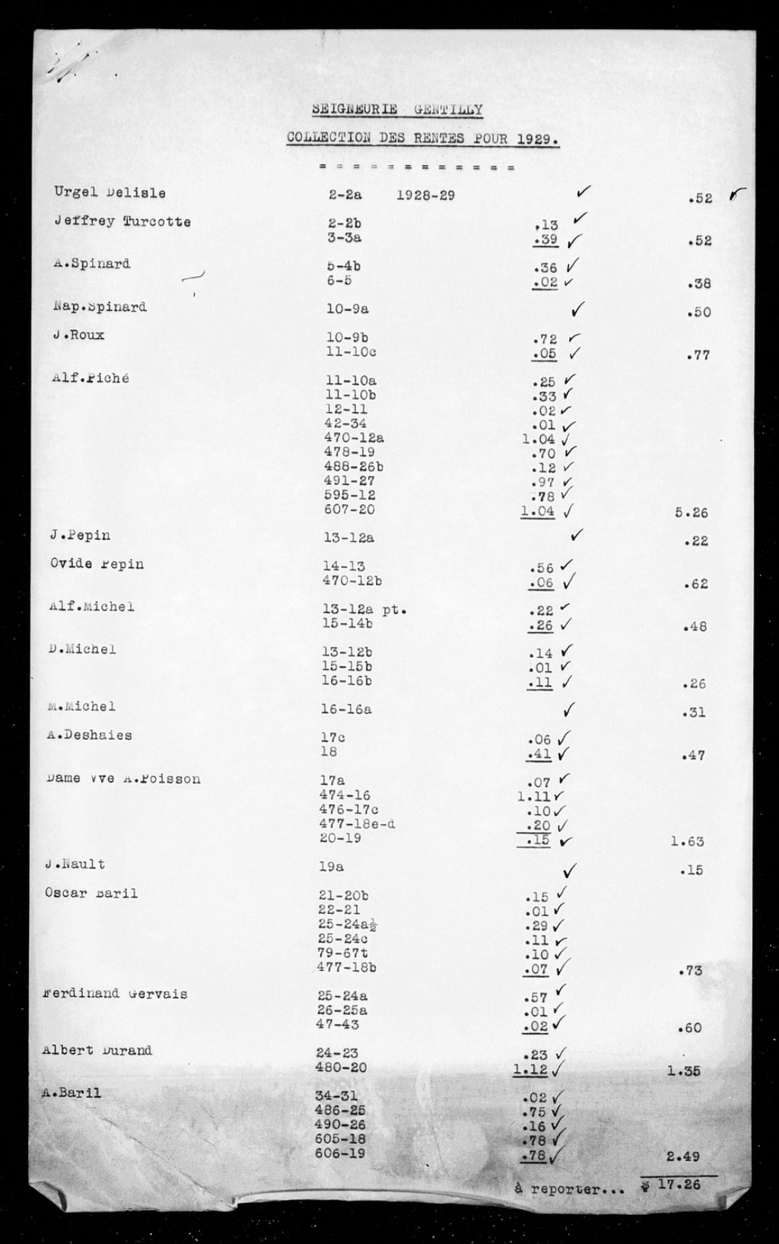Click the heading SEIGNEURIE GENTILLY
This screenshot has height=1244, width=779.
click(x=396, y=109)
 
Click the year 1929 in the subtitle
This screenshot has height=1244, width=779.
click(x=536, y=138)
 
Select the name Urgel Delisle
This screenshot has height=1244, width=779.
click(x=110, y=193)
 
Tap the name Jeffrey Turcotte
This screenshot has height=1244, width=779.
click(x=122, y=222)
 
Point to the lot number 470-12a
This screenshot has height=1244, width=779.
click(x=354, y=438)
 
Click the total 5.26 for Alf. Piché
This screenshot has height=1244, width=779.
click(x=691, y=513)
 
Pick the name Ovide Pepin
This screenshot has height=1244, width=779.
click(x=97, y=564)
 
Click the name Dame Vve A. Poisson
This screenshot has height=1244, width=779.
click(x=123, y=779)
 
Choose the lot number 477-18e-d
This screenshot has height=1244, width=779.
click(x=357, y=824)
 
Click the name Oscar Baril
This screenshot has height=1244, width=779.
click(x=91, y=893)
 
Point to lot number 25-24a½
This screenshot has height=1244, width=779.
click(x=348, y=925)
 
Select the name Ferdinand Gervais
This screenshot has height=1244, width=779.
click(x=116, y=994)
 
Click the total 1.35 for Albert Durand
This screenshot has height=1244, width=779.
click(x=684, y=1071)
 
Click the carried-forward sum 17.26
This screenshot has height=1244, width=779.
click(x=679, y=1184)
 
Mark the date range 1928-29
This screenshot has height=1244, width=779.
click(x=425, y=195)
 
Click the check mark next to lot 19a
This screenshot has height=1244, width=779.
click(x=569, y=869)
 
